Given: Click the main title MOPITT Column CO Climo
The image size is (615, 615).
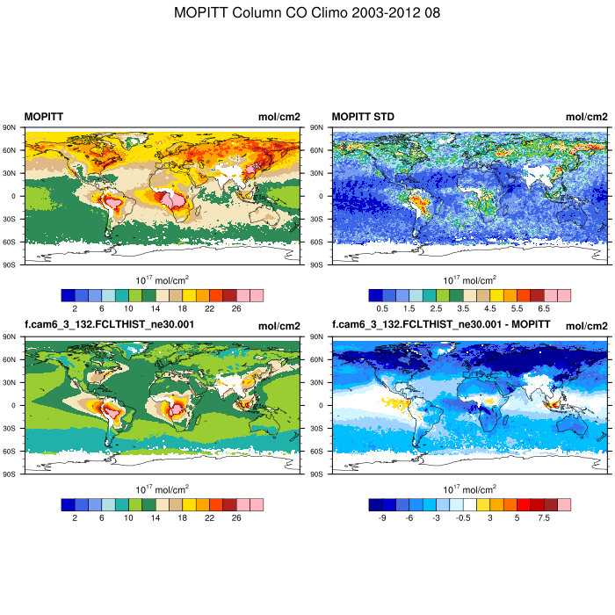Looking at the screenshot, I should tap(307, 13).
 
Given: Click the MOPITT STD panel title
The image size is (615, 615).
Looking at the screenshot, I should tap(361, 117).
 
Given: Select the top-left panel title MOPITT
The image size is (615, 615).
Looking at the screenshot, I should tap(43, 117).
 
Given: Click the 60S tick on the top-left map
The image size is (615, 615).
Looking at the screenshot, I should tap(12, 242).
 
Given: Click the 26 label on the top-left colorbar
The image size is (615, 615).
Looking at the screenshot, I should tap(236, 309).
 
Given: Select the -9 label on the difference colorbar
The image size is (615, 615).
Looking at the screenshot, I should tap(382, 518).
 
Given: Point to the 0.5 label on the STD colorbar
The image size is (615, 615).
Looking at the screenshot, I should tap(382, 309).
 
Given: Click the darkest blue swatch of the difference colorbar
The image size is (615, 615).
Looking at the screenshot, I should tap(375, 504).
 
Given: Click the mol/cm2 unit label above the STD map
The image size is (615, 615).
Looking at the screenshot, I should tap(586, 117).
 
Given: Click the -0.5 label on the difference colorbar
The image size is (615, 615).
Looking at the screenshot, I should tap(463, 518).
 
